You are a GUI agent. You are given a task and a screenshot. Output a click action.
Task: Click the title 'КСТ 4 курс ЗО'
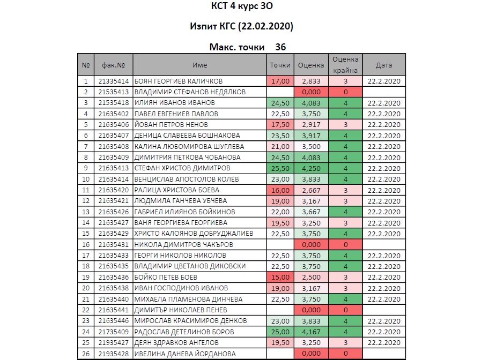[x=242, y=7]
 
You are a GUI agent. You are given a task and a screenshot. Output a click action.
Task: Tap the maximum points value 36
[x=280, y=47]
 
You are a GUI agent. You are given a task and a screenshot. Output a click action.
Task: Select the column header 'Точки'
[x=280, y=65]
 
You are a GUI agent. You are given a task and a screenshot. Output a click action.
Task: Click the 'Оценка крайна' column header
[x=346, y=65]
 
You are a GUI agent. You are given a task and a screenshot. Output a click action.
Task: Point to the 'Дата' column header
[x=384, y=65]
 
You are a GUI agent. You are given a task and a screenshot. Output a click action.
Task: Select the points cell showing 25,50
[x=280, y=168]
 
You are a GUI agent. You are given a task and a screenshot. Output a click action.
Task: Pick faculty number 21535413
[x=113, y=92]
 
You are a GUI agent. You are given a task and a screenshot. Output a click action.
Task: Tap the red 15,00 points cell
[x=280, y=277]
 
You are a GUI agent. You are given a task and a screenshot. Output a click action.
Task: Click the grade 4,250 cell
[x=311, y=168]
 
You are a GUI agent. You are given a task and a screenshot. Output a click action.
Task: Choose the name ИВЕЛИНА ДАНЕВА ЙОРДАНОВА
[x=185, y=354]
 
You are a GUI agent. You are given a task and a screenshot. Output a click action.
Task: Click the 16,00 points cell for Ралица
[x=280, y=190]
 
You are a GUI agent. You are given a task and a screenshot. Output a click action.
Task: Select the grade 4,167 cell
[x=311, y=332]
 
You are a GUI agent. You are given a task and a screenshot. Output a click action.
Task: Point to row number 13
[x=86, y=212]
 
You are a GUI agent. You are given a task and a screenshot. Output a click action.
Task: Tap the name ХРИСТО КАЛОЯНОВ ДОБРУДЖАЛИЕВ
[x=193, y=234]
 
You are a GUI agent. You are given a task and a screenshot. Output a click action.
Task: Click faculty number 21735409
[x=113, y=332]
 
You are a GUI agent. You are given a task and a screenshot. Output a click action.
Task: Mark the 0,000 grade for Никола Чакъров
[x=311, y=244]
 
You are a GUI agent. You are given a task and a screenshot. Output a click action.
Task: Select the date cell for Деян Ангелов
[x=384, y=342]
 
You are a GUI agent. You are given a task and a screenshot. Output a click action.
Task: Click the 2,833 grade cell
[x=311, y=81]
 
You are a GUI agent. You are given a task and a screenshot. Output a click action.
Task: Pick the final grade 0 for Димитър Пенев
[x=346, y=310]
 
